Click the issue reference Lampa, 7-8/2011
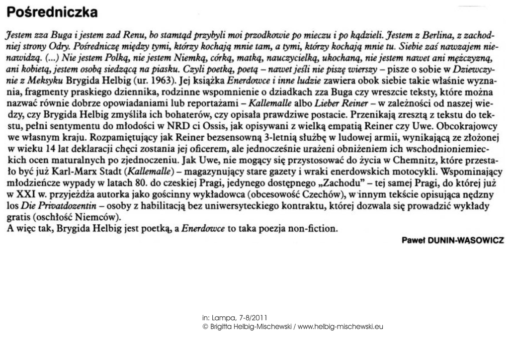point(240,317)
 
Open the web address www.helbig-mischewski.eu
point(340,326)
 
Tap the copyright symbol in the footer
point(205,326)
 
